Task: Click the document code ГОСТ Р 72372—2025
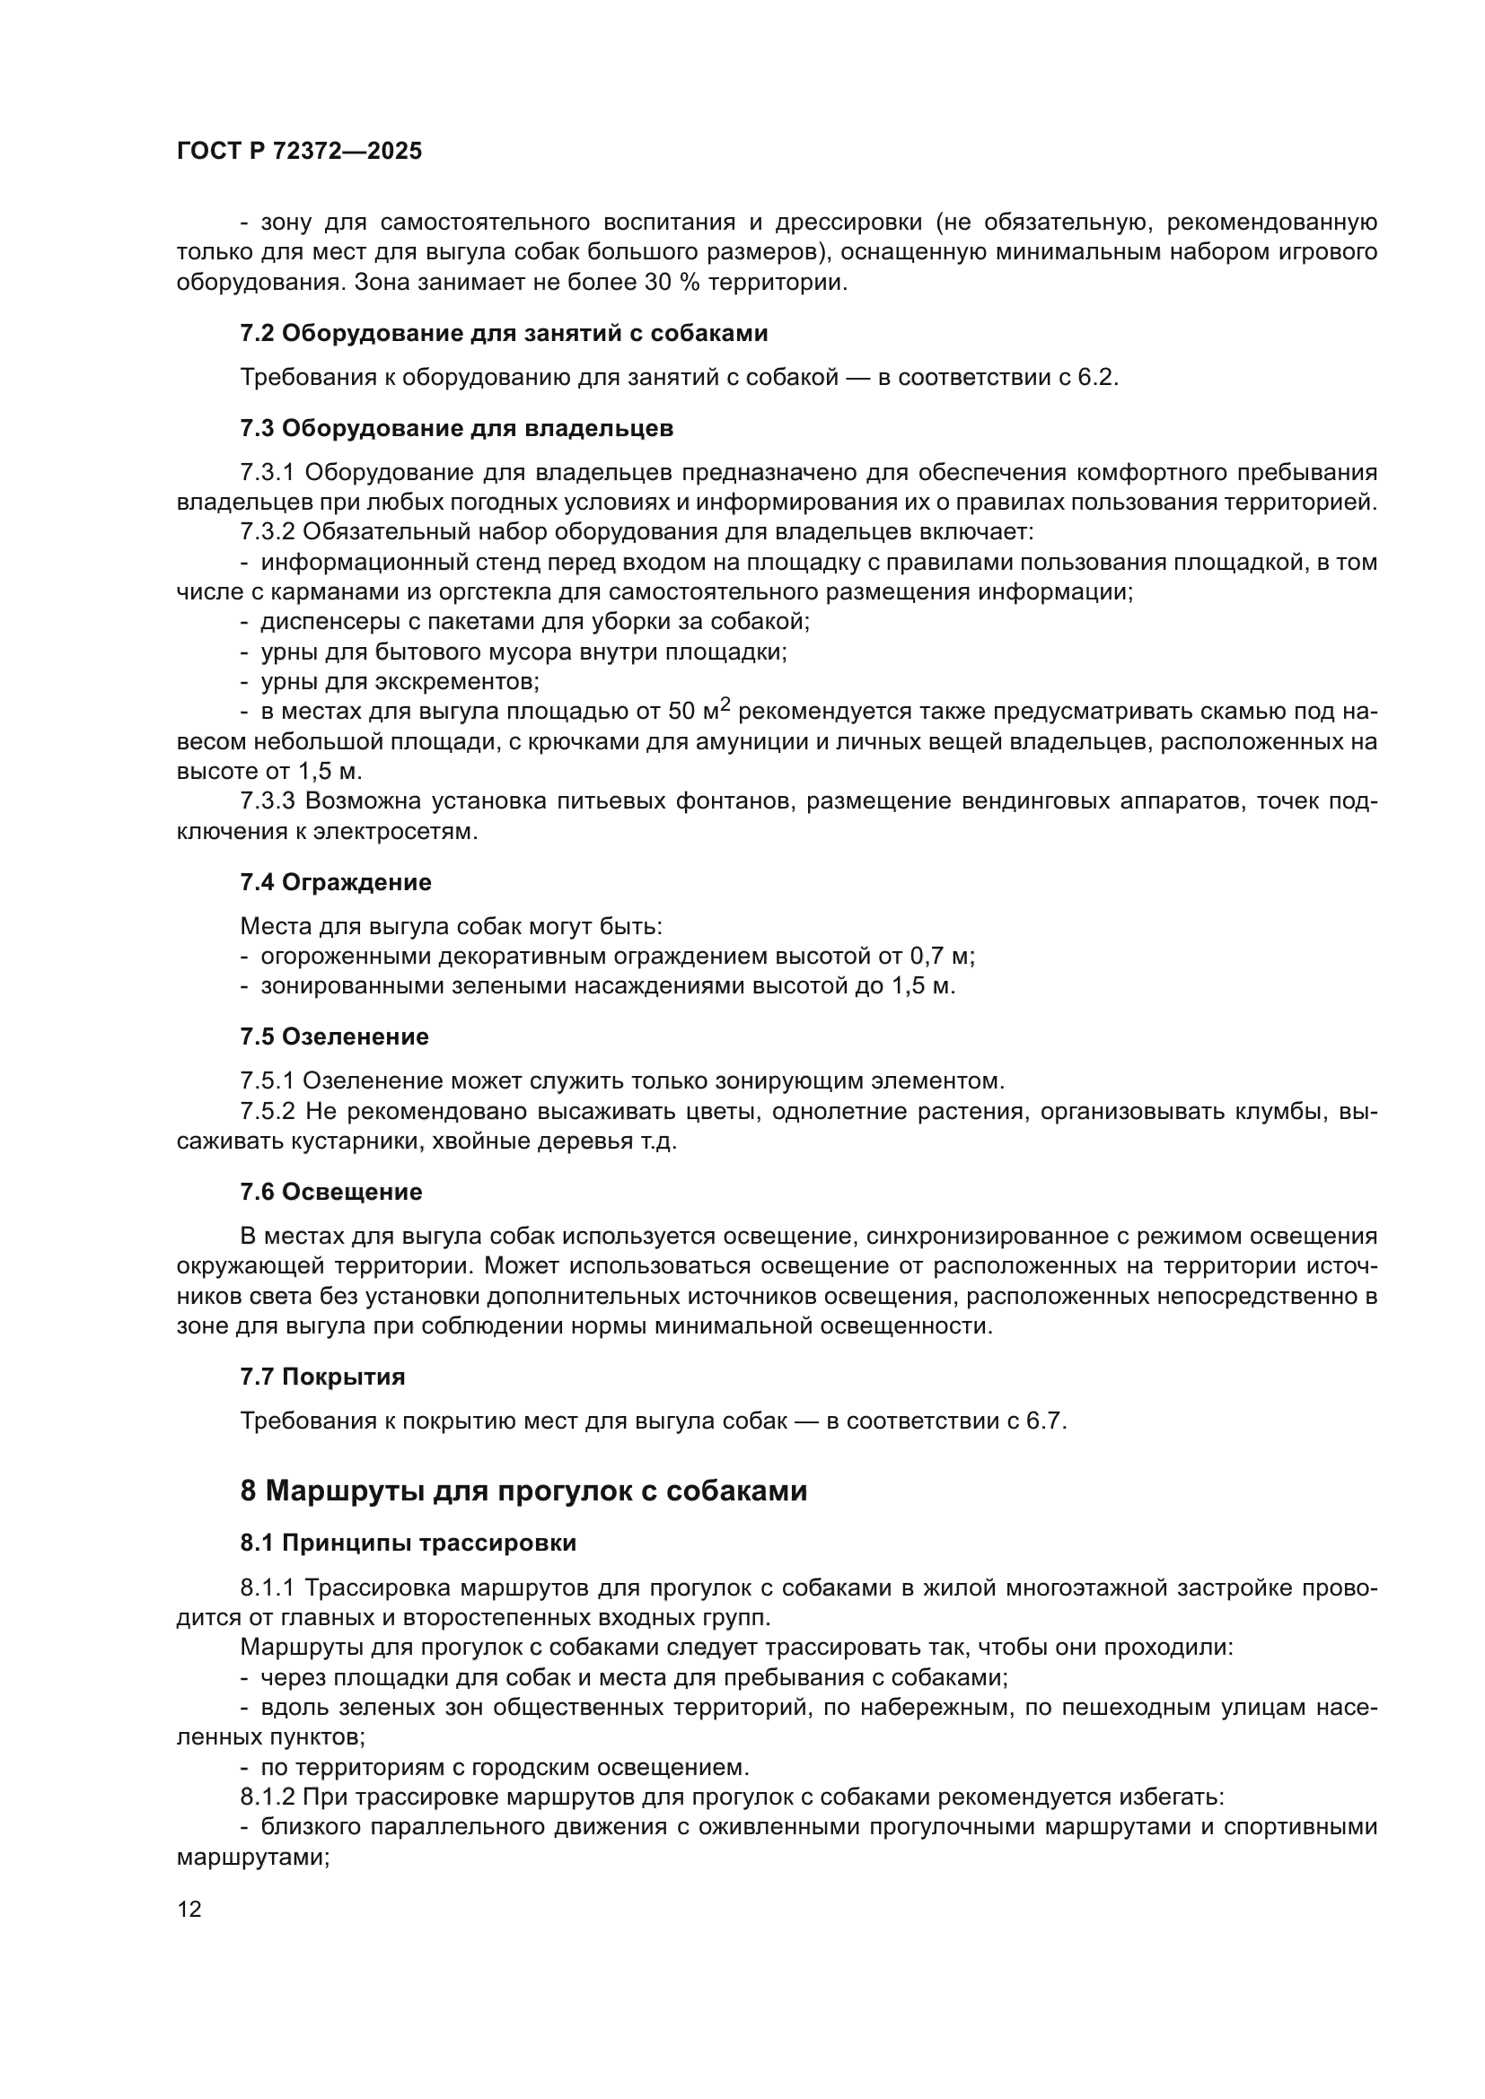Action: (299, 152)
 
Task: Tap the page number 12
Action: (189, 1909)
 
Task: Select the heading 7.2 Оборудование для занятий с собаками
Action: (504, 334)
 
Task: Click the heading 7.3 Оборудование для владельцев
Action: (456, 429)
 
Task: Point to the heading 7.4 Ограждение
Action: (336, 882)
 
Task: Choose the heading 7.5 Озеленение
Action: (335, 1036)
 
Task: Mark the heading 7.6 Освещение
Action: (331, 1192)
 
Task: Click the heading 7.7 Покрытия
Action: (323, 1377)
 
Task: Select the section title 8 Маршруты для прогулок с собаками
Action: (523, 1491)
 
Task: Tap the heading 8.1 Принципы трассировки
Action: (408, 1544)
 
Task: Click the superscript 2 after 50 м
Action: (725, 704)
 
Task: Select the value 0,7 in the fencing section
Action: (927, 957)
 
